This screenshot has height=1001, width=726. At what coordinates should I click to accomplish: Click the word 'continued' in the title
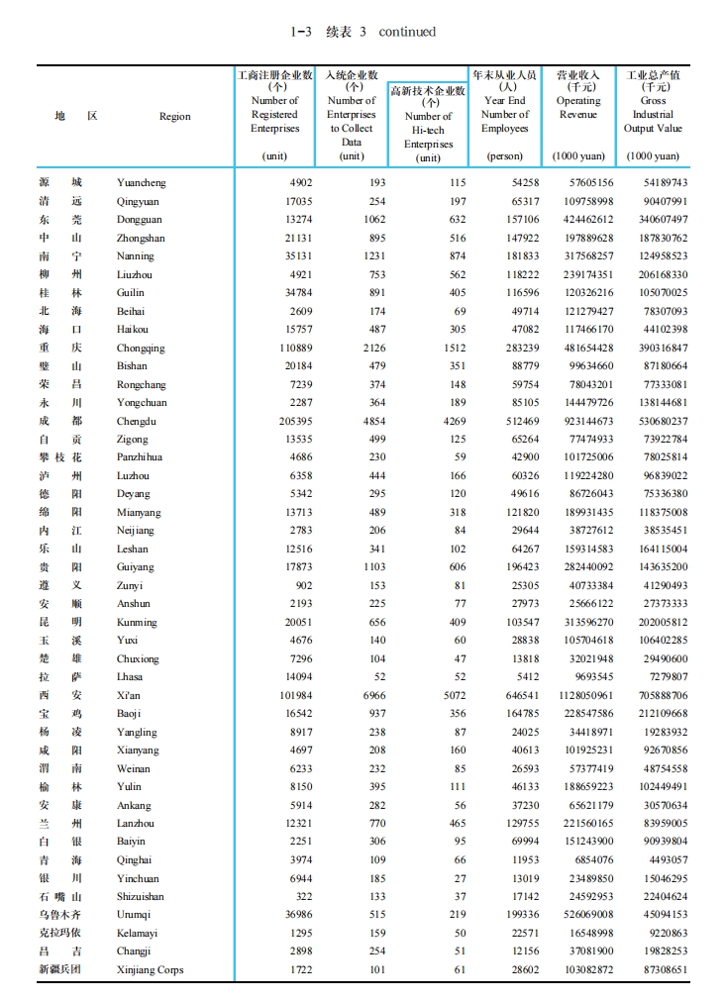click(407, 32)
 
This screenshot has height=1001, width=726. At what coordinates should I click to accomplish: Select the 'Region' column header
click(175, 116)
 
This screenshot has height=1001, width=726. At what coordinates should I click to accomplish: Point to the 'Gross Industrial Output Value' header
click(654, 114)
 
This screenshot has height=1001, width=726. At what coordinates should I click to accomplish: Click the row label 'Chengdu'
click(137, 421)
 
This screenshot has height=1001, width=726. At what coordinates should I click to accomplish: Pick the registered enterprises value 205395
click(293, 421)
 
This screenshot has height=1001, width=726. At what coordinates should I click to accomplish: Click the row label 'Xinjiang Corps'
click(150, 969)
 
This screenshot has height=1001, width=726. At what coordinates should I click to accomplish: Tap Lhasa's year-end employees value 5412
click(526, 676)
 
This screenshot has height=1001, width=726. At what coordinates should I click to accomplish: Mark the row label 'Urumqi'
click(135, 915)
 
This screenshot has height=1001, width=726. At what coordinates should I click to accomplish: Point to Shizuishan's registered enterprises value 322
click(302, 896)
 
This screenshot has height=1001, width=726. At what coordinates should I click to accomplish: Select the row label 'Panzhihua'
click(140, 457)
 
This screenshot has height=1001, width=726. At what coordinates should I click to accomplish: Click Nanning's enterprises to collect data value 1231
click(370, 255)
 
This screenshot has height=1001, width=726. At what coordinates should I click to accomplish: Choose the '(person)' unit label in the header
click(505, 156)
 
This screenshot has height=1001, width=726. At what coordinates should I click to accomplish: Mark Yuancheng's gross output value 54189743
click(659, 182)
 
